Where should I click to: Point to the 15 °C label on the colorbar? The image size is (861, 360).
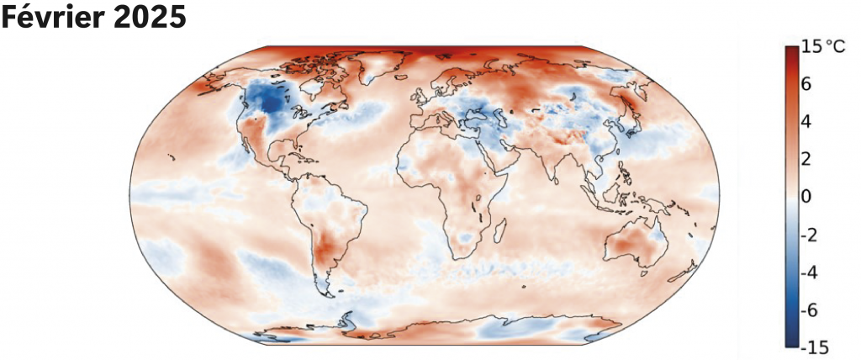(823, 47)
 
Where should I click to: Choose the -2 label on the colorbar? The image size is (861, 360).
(810, 235)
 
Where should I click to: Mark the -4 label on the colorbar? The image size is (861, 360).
(810, 273)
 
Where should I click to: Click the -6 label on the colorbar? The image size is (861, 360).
(810, 310)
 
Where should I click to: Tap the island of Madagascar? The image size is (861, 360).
(502, 227)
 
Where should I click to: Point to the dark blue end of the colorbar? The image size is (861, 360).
(791, 341)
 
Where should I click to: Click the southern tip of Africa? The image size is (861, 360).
(462, 257)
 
